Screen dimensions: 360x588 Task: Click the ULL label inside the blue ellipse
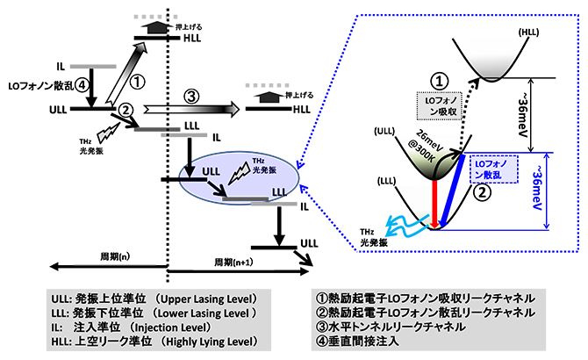coord(211,169)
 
